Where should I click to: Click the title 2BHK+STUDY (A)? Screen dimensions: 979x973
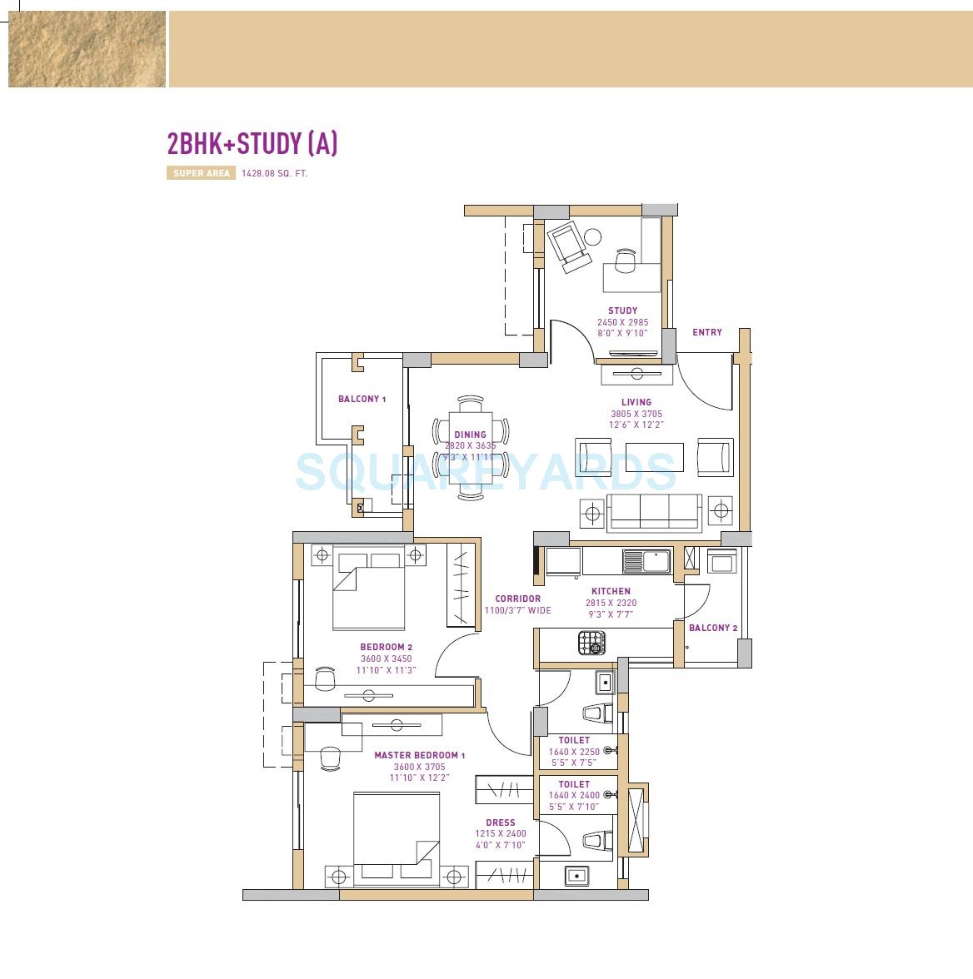[252, 144]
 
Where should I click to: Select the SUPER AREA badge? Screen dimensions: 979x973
[201, 174]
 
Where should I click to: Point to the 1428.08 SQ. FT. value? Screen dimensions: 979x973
[274, 174]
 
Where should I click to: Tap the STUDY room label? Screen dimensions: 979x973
[622, 311]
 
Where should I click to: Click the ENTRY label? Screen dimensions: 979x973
[707, 332]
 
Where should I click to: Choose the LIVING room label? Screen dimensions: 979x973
[636, 402]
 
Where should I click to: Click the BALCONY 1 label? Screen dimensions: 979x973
[362, 400]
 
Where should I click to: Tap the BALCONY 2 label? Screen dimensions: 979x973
[713, 628]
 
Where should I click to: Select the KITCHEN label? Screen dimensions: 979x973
[611, 592]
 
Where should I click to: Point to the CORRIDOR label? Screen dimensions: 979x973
[517, 599]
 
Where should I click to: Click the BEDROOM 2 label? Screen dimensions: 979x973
[386, 647]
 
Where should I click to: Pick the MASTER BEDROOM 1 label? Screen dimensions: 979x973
[419, 756]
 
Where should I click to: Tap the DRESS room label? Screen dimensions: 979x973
[501, 822]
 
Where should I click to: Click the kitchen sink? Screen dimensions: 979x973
[647, 562]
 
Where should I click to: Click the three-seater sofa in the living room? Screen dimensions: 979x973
[655, 512]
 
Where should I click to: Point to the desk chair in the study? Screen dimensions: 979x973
[625, 262]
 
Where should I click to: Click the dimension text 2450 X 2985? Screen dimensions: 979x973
[622, 322]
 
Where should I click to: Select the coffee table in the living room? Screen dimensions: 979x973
[654, 457]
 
